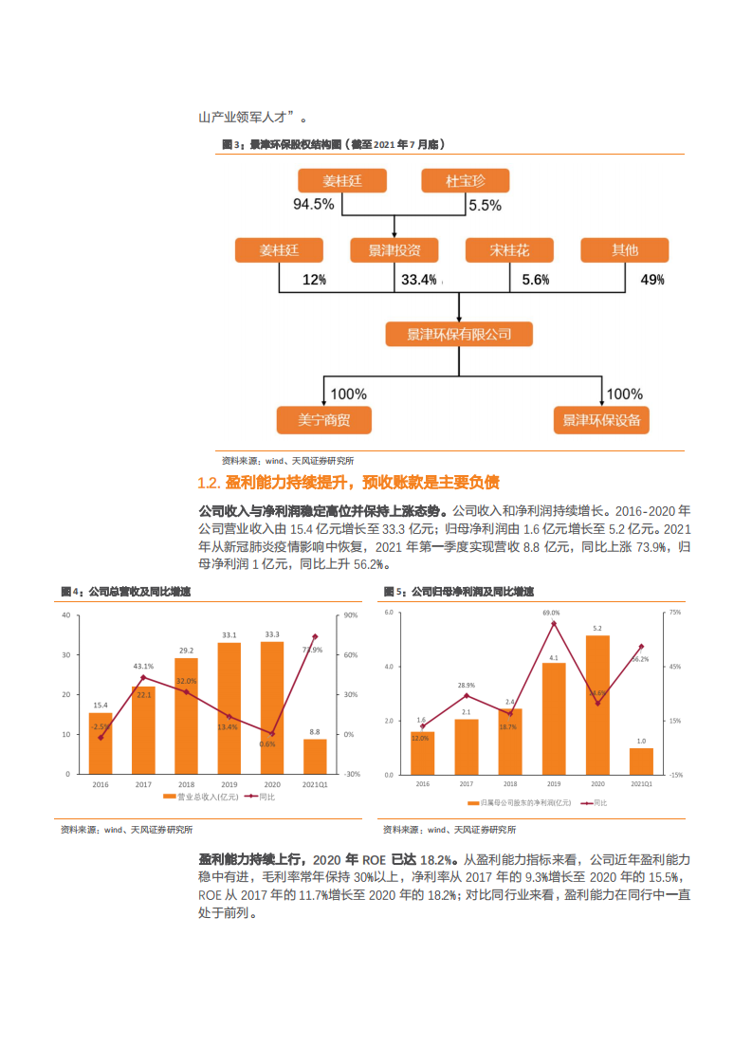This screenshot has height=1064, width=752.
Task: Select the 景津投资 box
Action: pyautogui.click(x=394, y=250)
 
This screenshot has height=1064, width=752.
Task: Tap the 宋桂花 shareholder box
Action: pyautogui.click(x=509, y=250)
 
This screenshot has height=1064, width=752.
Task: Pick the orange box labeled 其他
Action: pyautogui.click(x=624, y=250)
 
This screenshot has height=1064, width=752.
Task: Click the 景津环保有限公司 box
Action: pyautogui.click(x=459, y=334)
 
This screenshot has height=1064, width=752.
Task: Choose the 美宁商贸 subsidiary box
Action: pyautogui.click(x=323, y=420)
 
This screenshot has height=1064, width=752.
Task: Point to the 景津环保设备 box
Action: pyautogui.click(x=601, y=420)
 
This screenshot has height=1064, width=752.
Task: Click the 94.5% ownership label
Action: pyautogui.click(x=313, y=205)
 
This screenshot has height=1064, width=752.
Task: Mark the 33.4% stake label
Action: pyautogui.click(x=418, y=280)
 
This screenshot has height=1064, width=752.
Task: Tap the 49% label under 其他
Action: pyautogui.click(x=652, y=280)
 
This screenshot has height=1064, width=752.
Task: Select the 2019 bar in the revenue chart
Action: pyautogui.click(x=229, y=707)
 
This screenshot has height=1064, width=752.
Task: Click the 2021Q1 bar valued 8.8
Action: pyautogui.click(x=315, y=756)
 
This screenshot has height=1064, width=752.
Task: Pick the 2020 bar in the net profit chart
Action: pyautogui.click(x=597, y=705)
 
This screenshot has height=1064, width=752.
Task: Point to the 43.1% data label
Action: pyautogui.click(x=143, y=666)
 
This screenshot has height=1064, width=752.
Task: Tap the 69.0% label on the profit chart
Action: pyautogui.click(x=551, y=613)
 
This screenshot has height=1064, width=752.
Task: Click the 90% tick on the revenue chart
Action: pyautogui.click(x=350, y=615)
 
